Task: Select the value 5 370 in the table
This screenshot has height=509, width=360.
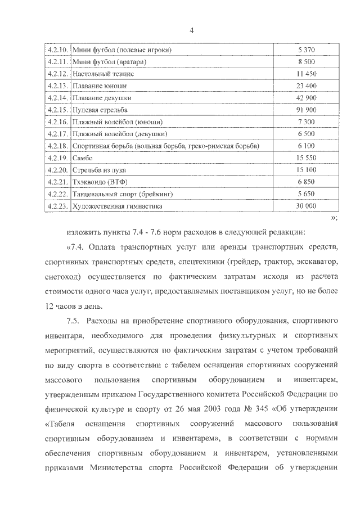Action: click(x=306, y=50)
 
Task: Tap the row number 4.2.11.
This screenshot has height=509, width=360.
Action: click(x=58, y=62)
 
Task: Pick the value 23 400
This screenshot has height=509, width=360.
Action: click(x=306, y=85)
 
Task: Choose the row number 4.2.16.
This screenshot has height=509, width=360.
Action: click(x=58, y=121)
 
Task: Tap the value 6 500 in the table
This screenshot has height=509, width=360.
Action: click(x=306, y=134)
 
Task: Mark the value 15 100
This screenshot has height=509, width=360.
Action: click(x=306, y=170)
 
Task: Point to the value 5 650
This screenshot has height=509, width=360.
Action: click(x=306, y=194)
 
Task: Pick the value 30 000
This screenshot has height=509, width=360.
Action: click(x=306, y=206)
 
